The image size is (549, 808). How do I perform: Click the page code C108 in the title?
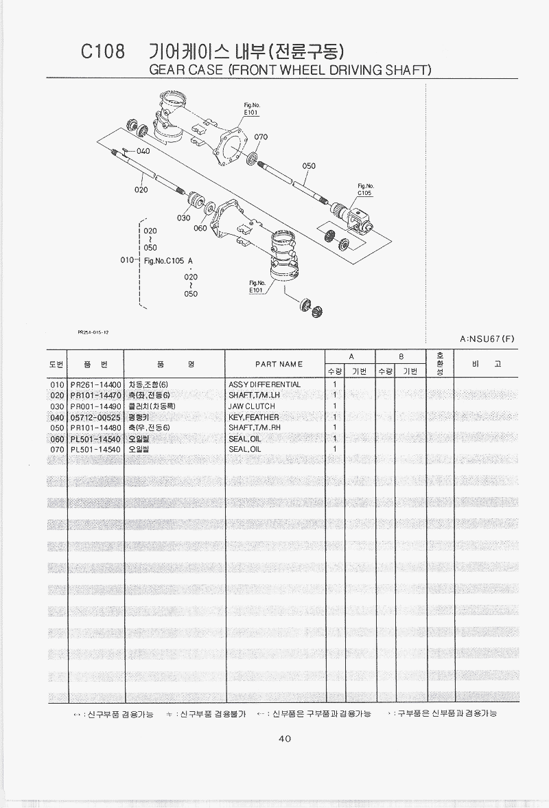(x=103, y=52)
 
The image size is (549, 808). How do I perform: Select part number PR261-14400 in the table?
(x=95, y=384)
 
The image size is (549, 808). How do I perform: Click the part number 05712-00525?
(x=95, y=417)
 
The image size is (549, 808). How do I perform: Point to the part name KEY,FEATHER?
(x=253, y=417)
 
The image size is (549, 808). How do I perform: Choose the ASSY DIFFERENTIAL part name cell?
(x=264, y=384)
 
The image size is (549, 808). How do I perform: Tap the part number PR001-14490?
(x=95, y=406)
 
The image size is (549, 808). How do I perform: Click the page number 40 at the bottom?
(x=285, y=739)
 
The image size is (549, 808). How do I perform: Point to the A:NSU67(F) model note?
(x=487, y=338)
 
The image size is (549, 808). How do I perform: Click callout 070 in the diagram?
(x=261, y=137)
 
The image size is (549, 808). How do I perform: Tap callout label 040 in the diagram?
(x=143, y=151)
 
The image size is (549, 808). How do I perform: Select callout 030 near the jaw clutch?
(x=183, y=218)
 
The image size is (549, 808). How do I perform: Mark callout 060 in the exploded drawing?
(x=200, y=228)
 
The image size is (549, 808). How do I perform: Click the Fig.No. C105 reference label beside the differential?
(x=364, y=189)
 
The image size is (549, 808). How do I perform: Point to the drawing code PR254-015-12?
(x=94, y=332)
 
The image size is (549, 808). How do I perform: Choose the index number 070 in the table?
(x=57, y=449)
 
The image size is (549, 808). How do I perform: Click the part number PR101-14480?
(x=95, y=427)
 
